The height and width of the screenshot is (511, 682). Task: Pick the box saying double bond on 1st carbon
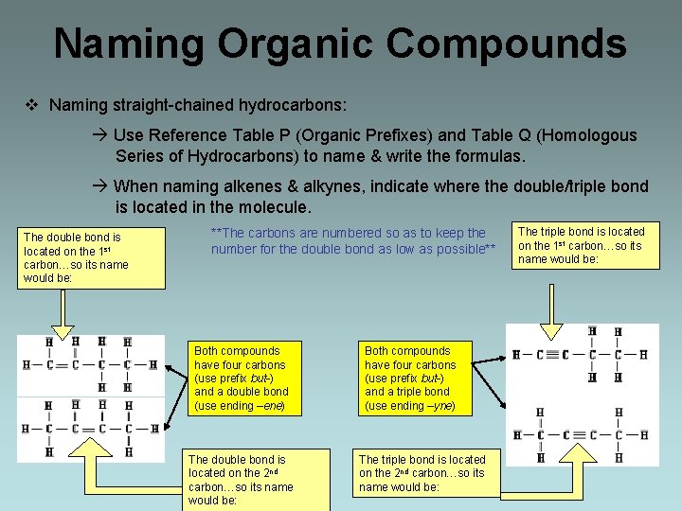pyautogui.click(x=76, y=257)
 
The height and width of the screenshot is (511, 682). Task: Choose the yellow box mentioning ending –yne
pyautogui.click(x=411, y=379)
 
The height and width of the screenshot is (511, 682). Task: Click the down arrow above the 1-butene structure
pyautogui.click(x=63, y=312)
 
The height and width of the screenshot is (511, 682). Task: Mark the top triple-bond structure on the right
pyautogui.click(x=578, y=356)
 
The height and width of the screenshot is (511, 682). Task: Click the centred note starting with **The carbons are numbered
pyautogui.click(x=352, y=240)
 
